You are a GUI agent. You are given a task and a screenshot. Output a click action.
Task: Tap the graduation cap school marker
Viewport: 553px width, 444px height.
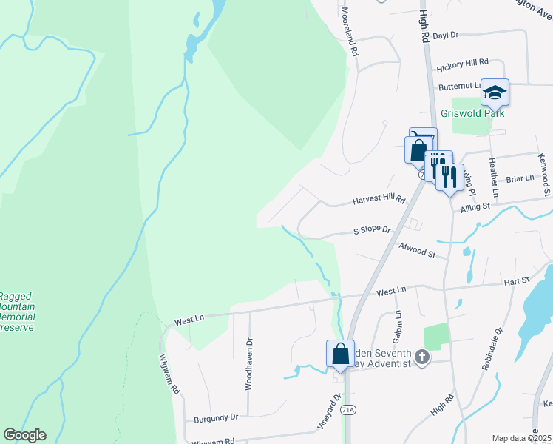[495, 92]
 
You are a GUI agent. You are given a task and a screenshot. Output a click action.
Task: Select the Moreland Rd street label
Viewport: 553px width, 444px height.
[350, 33]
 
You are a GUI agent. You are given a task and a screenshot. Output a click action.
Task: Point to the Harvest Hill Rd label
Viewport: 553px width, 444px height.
[379, 200]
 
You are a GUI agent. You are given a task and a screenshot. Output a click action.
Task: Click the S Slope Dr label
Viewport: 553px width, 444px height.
[371, 230]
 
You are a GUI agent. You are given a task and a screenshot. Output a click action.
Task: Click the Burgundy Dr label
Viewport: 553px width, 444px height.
[216, 417]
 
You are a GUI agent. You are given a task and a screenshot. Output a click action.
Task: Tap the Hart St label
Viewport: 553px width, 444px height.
[516, 280]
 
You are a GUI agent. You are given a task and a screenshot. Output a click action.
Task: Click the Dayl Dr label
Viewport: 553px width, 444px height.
[446, 35]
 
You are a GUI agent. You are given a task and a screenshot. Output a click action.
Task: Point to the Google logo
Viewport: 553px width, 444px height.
[24, 435]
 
